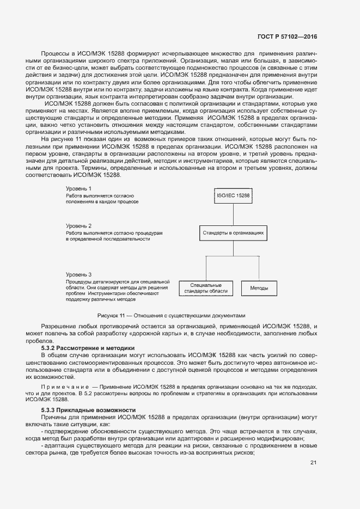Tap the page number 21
(313, 463)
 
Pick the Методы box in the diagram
(259, 288)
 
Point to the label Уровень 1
(78, 188)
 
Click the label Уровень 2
(78, 225)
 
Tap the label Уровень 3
(78, 274)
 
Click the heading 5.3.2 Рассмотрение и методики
(88, 347)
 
